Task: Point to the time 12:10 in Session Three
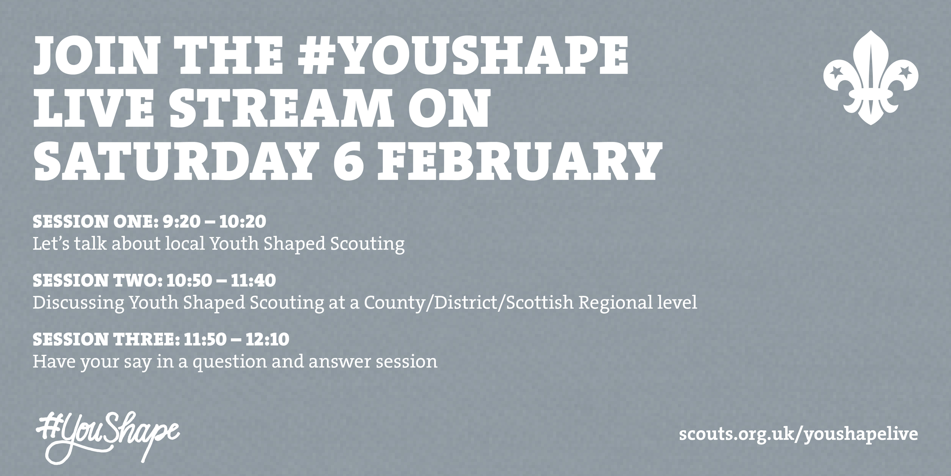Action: (267, 339)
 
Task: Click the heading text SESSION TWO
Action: (95, 281)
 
